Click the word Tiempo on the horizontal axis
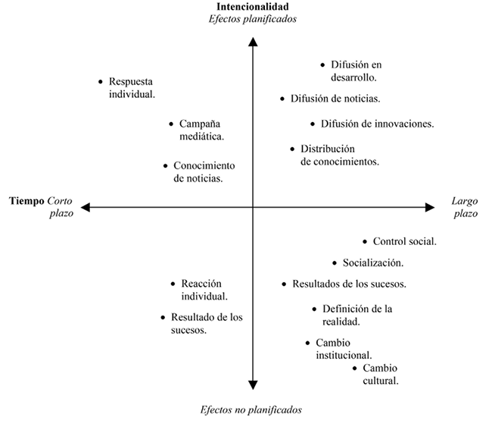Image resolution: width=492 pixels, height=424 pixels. coord(26,201)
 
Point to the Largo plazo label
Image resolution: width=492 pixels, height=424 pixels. coord(465,207)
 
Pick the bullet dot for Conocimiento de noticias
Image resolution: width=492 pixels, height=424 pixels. coord(165,165)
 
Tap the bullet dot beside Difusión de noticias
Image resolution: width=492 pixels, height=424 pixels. coord(282,99)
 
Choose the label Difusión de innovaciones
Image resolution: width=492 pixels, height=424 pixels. coord(376,124)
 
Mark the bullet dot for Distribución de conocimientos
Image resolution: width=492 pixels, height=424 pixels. coord(293,149)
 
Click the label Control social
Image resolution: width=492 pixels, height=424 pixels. coord(404,242)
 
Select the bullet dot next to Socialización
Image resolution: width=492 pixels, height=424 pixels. coord(335,263)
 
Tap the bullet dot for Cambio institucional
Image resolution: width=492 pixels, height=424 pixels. coord(308,343)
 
